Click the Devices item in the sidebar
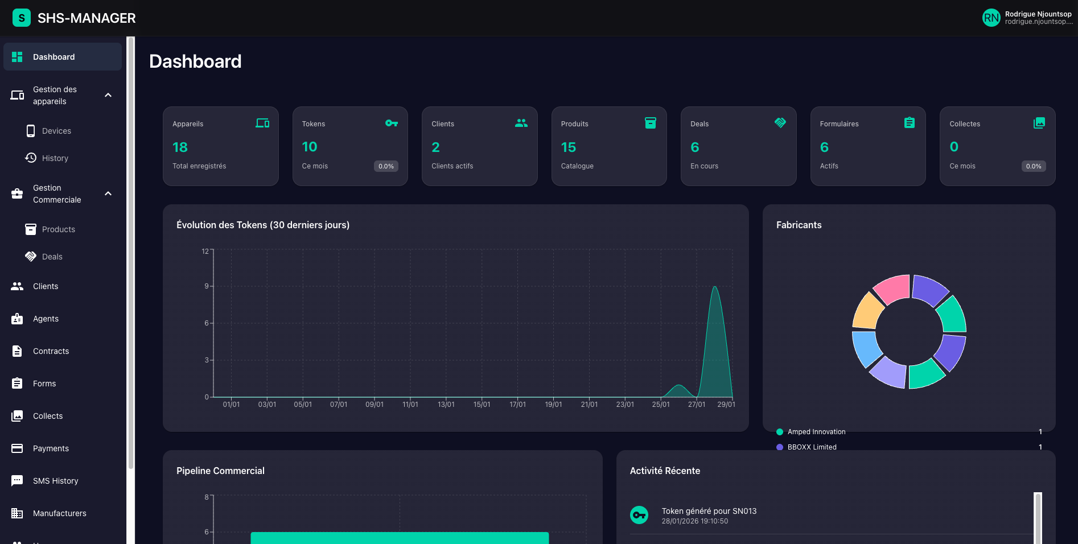pyautogui.click(x=56, y=131)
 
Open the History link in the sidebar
pyautogui.click(x=55, y=158)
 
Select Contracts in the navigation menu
pyautogui.click(x=51, y=351)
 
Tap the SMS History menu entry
pyautogui.click(x=55, y=481)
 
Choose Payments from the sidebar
pyautogui.click(x=51, y=448)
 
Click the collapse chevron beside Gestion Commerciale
pyautogui.click(x=108, y=194)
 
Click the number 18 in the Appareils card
pyautogui.click(x=180, y=147)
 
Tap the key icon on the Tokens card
pyautogui.click(x=392, y=123)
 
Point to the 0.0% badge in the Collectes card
pyautogui.click(x=1034, y=166)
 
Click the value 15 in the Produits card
pyautogui.click(x=568, y=147)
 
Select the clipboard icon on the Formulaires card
pyautogui.click(x=910, y=123)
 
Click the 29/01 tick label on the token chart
pyautogui.click(x=726, y=405)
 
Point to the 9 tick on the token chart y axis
pyautogui.click(x=207, y=286)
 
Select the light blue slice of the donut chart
pyautogui.click(x=866, y=348)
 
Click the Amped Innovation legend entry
pyautogui.click(x=816, y=432)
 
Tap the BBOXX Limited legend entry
pyautogui.click(x=812, y=447)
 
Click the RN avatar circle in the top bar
pyautogui.click(x=991, y=18)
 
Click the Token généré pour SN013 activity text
pyautogui.click(x=709, y=511)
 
